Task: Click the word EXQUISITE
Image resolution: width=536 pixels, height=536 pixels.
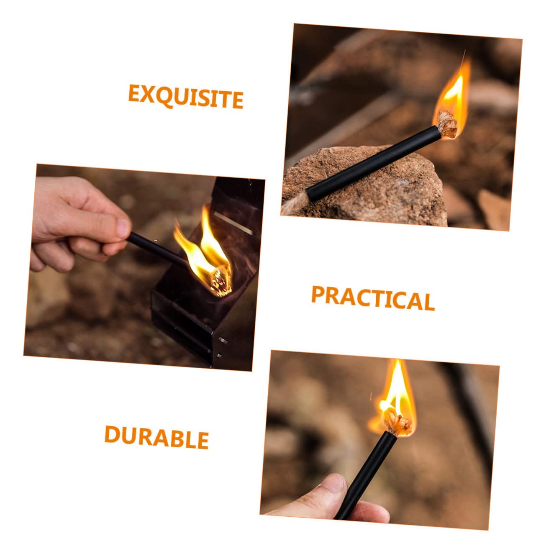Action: tap(185, 97)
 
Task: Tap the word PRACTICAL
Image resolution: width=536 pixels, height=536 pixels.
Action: tap(372, 298)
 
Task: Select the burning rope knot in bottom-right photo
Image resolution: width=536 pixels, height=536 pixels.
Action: tap(398, 421)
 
